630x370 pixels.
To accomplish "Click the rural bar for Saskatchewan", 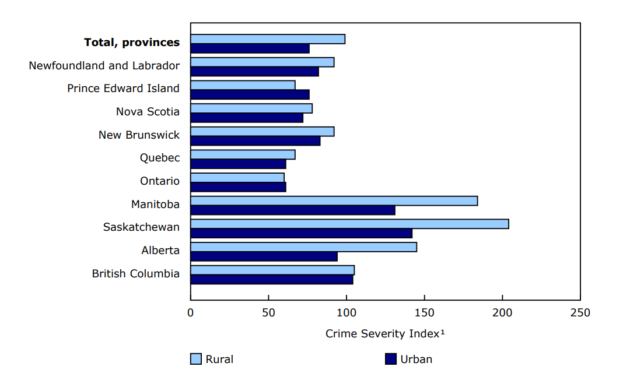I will coord(349,224).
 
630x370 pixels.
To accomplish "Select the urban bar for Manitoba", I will coord(293,210).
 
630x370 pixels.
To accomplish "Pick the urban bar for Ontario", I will coord(238,187).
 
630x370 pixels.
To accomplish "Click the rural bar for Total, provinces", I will coord(268,39).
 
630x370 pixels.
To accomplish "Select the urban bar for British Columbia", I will coord(272,280).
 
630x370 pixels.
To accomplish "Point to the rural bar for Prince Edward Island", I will coord(243,85).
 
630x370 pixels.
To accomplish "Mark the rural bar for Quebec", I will coord(243,154).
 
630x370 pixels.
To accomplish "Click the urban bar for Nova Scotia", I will coord(247,118).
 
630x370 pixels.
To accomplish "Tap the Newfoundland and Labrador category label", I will coord(104,66).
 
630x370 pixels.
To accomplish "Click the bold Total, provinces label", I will coord(132,43).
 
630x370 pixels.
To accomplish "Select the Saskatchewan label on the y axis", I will coord(141,227).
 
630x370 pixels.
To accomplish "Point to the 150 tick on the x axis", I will coord(424,313).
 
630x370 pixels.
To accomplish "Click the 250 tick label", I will coord(580,313).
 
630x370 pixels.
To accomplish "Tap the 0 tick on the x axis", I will coord(191,313).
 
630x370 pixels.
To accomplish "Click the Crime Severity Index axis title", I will coord(385,334).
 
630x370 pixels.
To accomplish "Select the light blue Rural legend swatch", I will coord(196,359).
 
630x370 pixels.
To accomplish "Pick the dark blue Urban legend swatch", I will coord(391,359).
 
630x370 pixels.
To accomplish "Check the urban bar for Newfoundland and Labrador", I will coord(254,72).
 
